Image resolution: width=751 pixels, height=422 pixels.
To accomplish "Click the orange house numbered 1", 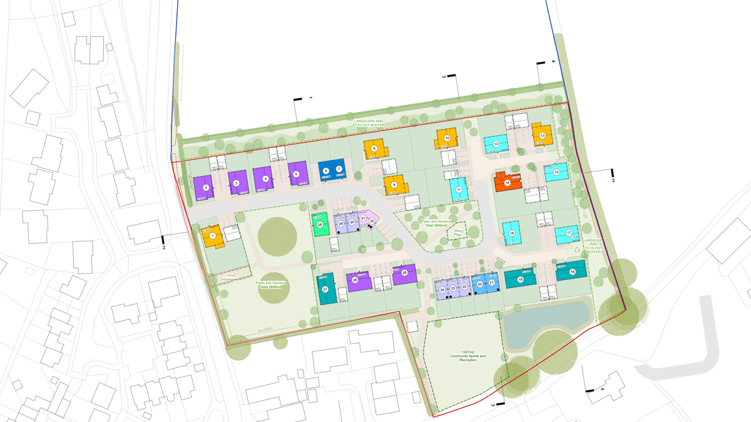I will pyautogui.click(x=212, y=236).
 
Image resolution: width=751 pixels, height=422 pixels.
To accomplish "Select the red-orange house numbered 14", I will pyautogui.click(x=508, y=182).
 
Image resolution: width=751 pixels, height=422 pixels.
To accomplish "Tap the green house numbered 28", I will pyautogui.click(x=320, y=224).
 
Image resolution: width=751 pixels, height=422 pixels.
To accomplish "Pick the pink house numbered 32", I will pyautogui.click(x=372, y=220).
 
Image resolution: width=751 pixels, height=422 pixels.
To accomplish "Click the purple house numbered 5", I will pyautogui.click(x=297, y=173).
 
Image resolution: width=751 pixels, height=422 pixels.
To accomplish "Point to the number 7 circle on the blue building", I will pyautogui.click(x=339, y=169).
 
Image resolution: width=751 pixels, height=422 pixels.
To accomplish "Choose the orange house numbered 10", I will pyautogui.click(x=447, y=138).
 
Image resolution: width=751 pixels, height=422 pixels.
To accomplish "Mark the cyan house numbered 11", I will pyautogui.click(x=459, y=189).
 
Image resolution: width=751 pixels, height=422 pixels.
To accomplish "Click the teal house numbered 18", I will pyautogui.click(x=573, y=271).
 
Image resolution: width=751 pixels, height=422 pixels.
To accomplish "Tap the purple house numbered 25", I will pyautogui.click(x=404, y=273).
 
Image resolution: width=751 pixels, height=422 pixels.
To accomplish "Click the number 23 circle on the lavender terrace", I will pyautogui.click(x=453, y=289).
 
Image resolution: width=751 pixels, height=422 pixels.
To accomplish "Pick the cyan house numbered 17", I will pyautogui.click(x=568, y=233).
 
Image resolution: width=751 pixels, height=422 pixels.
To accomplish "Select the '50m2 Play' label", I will pyautogui.click(x=458, y=234).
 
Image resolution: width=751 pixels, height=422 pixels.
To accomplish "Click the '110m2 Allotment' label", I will pyautogui.click(x=230, y=277).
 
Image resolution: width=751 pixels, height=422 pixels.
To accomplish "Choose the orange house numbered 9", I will pyautogui.click(x=394, y=184).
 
